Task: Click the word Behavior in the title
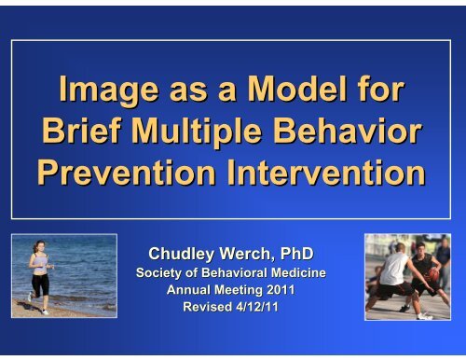359,132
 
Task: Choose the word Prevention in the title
136,173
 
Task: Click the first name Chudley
185,253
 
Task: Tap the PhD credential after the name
302,253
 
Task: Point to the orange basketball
433,276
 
